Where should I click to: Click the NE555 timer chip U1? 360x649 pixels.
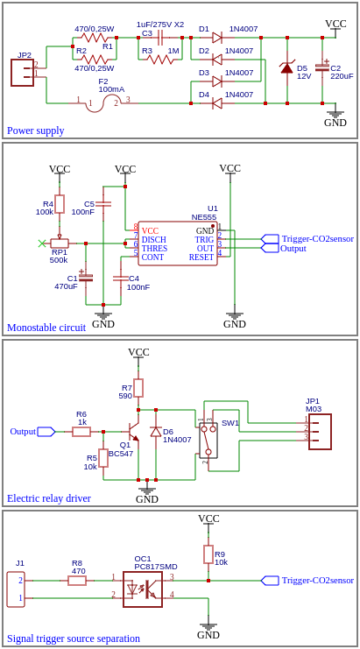pyautogui.click(x=178, y=243)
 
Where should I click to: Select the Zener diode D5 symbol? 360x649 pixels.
pyautogui.click(x=286, y=67)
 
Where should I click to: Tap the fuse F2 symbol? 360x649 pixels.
pyautogui.click(x=102, y=103)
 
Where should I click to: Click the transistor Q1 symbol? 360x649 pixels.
pyautogui.click(x=131, y=432)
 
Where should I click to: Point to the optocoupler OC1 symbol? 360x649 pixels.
pyautogui.click(x=142, y=589)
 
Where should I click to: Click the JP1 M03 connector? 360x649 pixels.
pyautogui.click(x=320, y=431)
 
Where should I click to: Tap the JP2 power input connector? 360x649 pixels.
pyautogui.click(x=22, y=73)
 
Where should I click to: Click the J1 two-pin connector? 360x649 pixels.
pyautogui.click(x=16, y=589)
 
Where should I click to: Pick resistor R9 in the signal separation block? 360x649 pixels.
pyautogui.click(x=208, y=554)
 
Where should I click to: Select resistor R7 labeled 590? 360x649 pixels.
pyautogui.click(x=138, y=388)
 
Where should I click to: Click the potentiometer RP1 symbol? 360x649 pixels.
pyautogui.click(x=60, y=243)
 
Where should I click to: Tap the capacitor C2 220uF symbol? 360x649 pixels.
pyautogui.click(x=322, y=67)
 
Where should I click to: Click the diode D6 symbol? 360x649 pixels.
pyautogui.click(x=156, y=432)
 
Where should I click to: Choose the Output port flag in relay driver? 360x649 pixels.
pyautogui.click(x=46, y=432)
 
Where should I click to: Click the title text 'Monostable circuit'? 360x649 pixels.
pyautogui.click(x=46, y=328)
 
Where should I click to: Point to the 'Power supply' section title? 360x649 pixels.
pyautogui.click(x=35, y=131)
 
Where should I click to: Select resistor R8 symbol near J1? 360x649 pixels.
pyautogui.click(x=77, y=580)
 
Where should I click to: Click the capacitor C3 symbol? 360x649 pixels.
pyautogui.click(x=159, y=38)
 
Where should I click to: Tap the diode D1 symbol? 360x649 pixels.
pyautogui.click(x=216, y=38)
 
